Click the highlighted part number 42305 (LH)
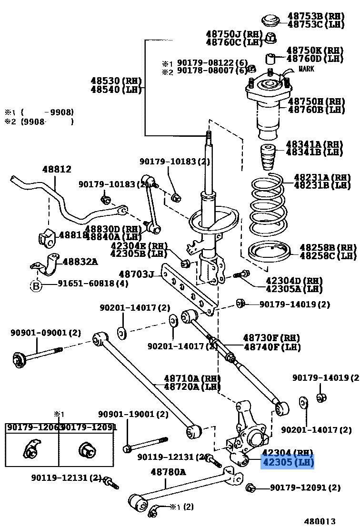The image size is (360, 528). pyautogui.click(x=287, y=462)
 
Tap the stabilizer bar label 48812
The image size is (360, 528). pyautogui.click(x=56, y=169)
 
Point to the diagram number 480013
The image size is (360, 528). pyautogui.click(x=321, y=521)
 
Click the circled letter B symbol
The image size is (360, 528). pyautogui.click(x=36, y=286)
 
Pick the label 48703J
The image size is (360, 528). pyautogui.click(x=137, y=274)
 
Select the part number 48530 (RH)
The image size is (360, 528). pyautogui.click(x=113, y=81)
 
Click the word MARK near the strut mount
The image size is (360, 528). pyautogui.click(x=306, y=69)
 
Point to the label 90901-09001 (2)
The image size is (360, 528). pyautogui.click(x=46, y=333)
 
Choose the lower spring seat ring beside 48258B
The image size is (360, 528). pyautogui.click(x=270, y=252)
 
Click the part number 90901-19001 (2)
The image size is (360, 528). pyautogui.click(x=133, y=415)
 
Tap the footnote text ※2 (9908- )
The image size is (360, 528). pyautogui.click(x=39, y=122)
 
